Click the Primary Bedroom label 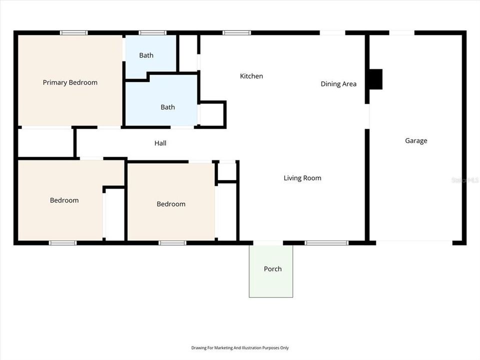pyautogui.click(x=70, y=82)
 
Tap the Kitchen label pyautogui.click(x=251, y=76)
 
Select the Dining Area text pyautogui.click(x=338, y=84)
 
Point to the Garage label pyautogui.click(x=416, y=141)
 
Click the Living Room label pyautogui.click(x=302, y=178)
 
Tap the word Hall pyautogui.click(x=160, y=143)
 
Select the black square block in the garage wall pyautogui.click(x=375, y=79)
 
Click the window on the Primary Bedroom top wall pyautogui.click(x=74, y=33)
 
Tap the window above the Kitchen pyautogui.click(x=237, y=33)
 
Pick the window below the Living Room pyautogui.click(x=326, y=243)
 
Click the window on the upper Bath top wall pyautogui.click(x=152, y=33)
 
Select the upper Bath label pyautogui.click(x=146, y=55)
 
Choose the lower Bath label pyautogui.click(x=167, y=107)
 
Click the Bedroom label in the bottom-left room pyautogui.click(x=64, y=200)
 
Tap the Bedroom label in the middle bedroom pyautogui.click(x=171, y=204)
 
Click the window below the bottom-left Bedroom pyautogui.click(x=63, y=243)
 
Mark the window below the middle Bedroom pyautogui.click(x=172, y=243)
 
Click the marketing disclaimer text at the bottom pyautogui.click(x=240, y=348)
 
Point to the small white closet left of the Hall pyautogui.click(x=45, y=143)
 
